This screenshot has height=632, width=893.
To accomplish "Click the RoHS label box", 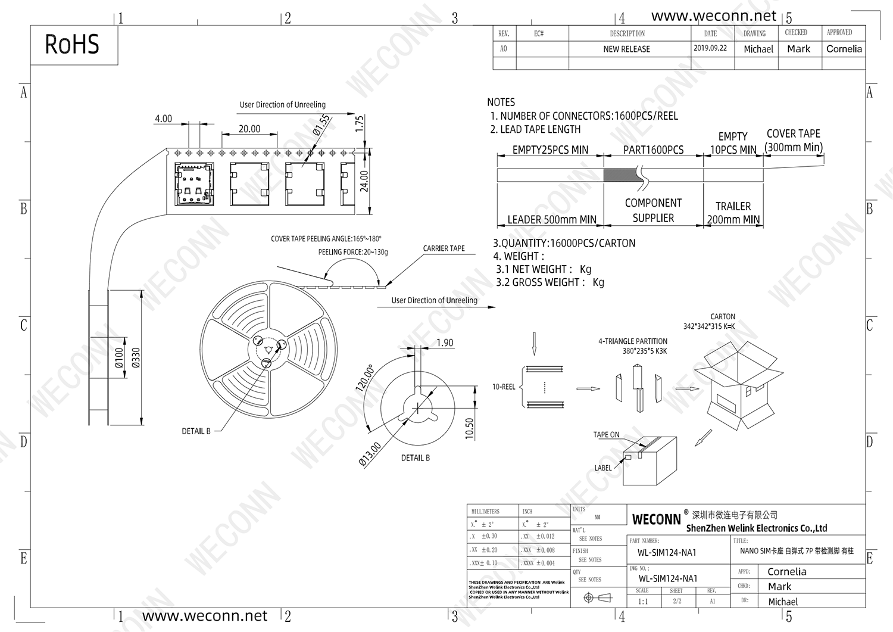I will pos(73,45).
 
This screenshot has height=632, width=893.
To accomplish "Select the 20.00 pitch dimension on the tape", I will pos(249,129).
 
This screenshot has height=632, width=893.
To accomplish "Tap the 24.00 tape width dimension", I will pos(364,181).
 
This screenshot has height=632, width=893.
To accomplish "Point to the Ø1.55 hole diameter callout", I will pos(321,126).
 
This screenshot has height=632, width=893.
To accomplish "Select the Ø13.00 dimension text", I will pos(370,454).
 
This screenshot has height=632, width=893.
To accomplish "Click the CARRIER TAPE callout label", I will pos(444,248).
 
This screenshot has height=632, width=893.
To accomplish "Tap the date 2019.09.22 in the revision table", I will pos(710,48).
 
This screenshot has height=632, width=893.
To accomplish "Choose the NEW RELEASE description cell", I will pos(626,49).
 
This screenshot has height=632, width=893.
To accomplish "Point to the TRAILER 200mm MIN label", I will pos(733,213).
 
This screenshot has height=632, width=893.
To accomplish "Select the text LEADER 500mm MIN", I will pos(551,220).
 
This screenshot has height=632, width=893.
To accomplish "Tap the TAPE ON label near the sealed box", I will pos(606,435).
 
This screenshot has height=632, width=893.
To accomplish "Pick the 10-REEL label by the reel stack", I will pos(504,387).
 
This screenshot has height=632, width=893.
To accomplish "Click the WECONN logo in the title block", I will pos(656,519).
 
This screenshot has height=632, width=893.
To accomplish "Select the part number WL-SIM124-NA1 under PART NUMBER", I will pos(667,553).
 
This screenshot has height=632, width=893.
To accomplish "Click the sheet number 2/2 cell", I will pos(677,601).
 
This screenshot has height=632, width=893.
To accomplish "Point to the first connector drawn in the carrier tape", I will pos(193,183).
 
